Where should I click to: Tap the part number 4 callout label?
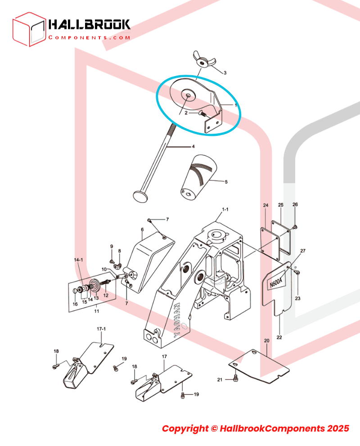coord(193,147)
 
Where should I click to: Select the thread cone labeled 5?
coord(198,177)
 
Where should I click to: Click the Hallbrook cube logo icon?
coord(29,29)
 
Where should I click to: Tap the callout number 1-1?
coord(225,209)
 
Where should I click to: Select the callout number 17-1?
coord(101,329)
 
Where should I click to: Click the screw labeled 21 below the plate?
coord(235,378)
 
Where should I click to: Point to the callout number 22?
coord(279,338)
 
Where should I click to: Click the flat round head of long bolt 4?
coord(140,197)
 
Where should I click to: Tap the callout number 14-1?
coord(78,260)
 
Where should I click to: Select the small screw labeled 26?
coord(295,227)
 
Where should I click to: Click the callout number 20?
coord(266,341)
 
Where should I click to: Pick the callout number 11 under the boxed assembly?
coord(97,311)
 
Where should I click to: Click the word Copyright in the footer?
coord(185,428)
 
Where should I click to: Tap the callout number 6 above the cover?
coord(142,229)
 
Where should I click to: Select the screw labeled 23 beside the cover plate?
coord(297,272)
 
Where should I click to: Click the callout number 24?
coord(265,205)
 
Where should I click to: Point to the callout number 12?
coord(106,296)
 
